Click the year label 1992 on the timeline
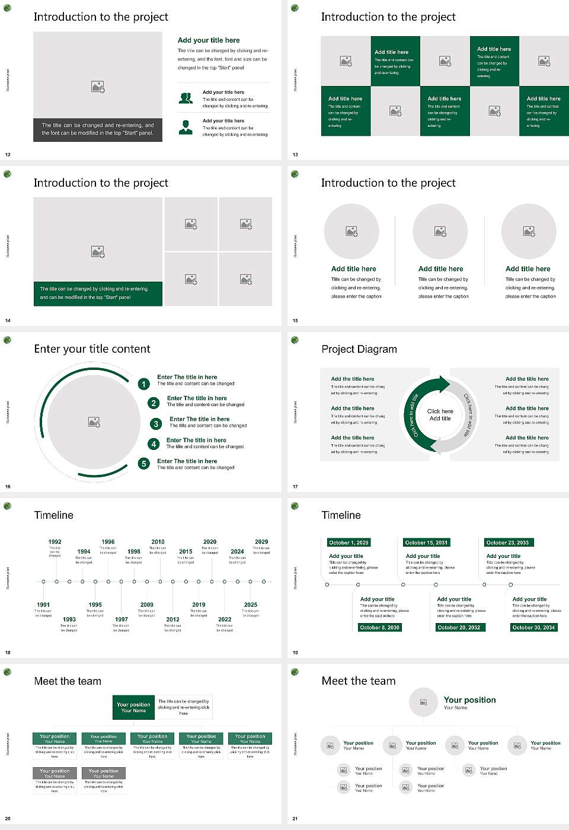[55, 542]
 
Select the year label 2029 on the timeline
[261, 542]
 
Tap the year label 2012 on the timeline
[172, 620]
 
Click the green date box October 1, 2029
[349, 542]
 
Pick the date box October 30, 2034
[533, 627]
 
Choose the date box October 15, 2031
[426, 542]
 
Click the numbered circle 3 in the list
[156, 424]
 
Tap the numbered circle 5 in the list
[143, 464]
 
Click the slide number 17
[295, 487]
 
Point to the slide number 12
[8, 155]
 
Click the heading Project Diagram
[359, 349]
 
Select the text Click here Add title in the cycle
[440, 415]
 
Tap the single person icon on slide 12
[186, 127]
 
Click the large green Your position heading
[469, 700]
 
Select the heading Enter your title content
[92, 349]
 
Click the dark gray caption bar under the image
[98, 129]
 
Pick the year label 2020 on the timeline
[210, 542]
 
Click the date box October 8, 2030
[379, 627]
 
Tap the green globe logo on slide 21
[295, 672]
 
